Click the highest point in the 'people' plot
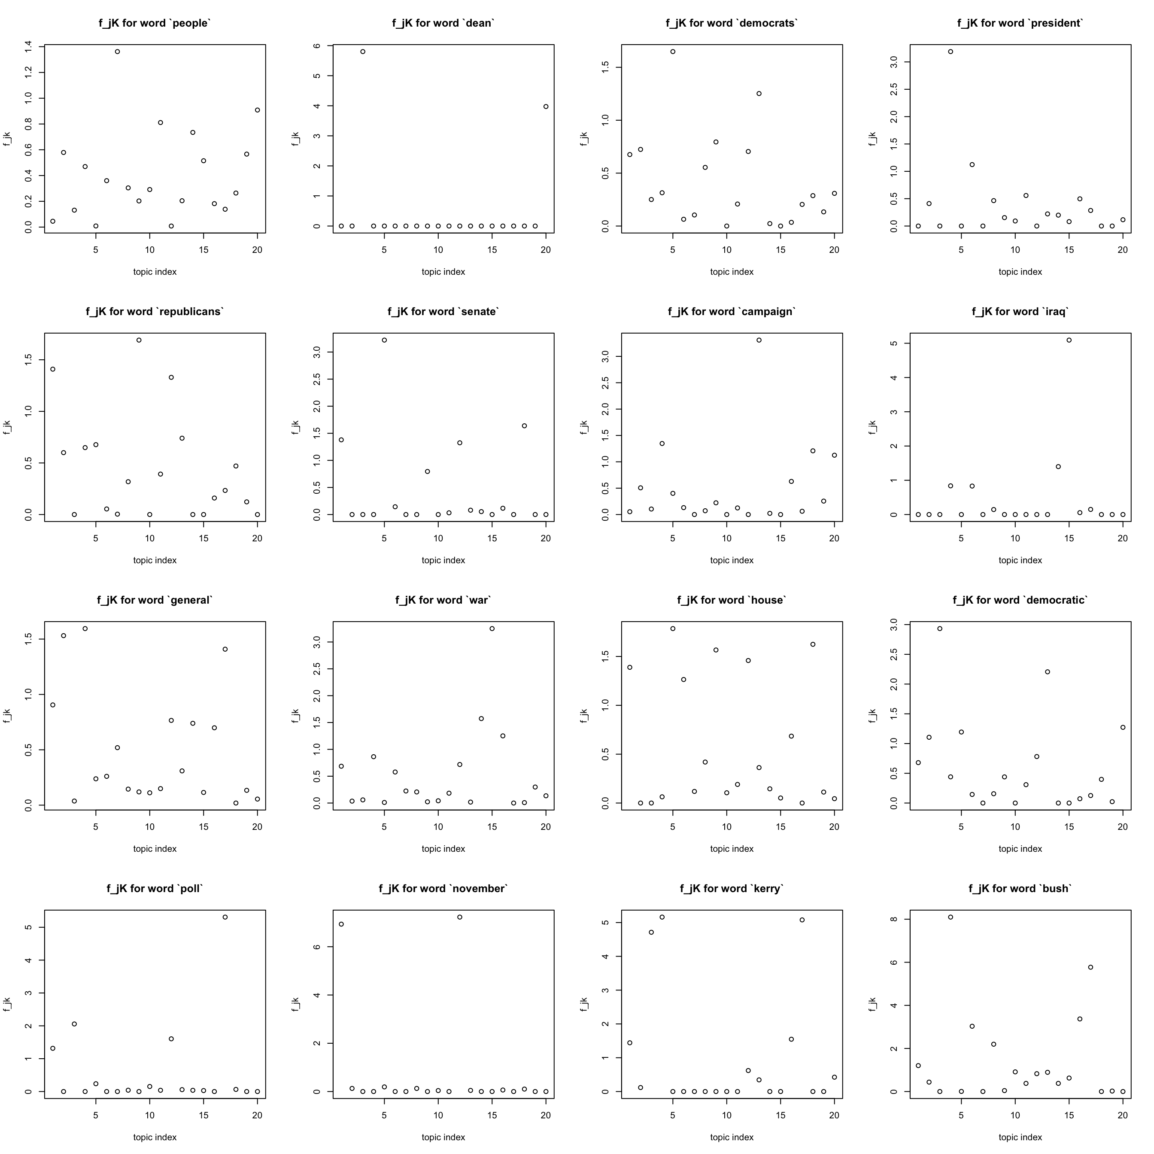[118, 52]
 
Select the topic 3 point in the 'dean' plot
[363, 52]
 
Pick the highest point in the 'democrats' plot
[673, 52]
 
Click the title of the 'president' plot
[1020, 23]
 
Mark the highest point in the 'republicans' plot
[139, 340]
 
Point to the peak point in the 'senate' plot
[384, 340]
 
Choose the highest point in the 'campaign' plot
[759, 340]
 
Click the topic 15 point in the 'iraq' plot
[1069, 340]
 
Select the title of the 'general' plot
[155, 600]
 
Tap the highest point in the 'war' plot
[492, 629]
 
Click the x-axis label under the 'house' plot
[732, 849]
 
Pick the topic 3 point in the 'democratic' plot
[940, 629]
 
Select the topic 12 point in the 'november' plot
[460, 917]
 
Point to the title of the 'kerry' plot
[732, 889]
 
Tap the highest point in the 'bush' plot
[951, 917]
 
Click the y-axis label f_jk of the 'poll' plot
[7, 1004]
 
